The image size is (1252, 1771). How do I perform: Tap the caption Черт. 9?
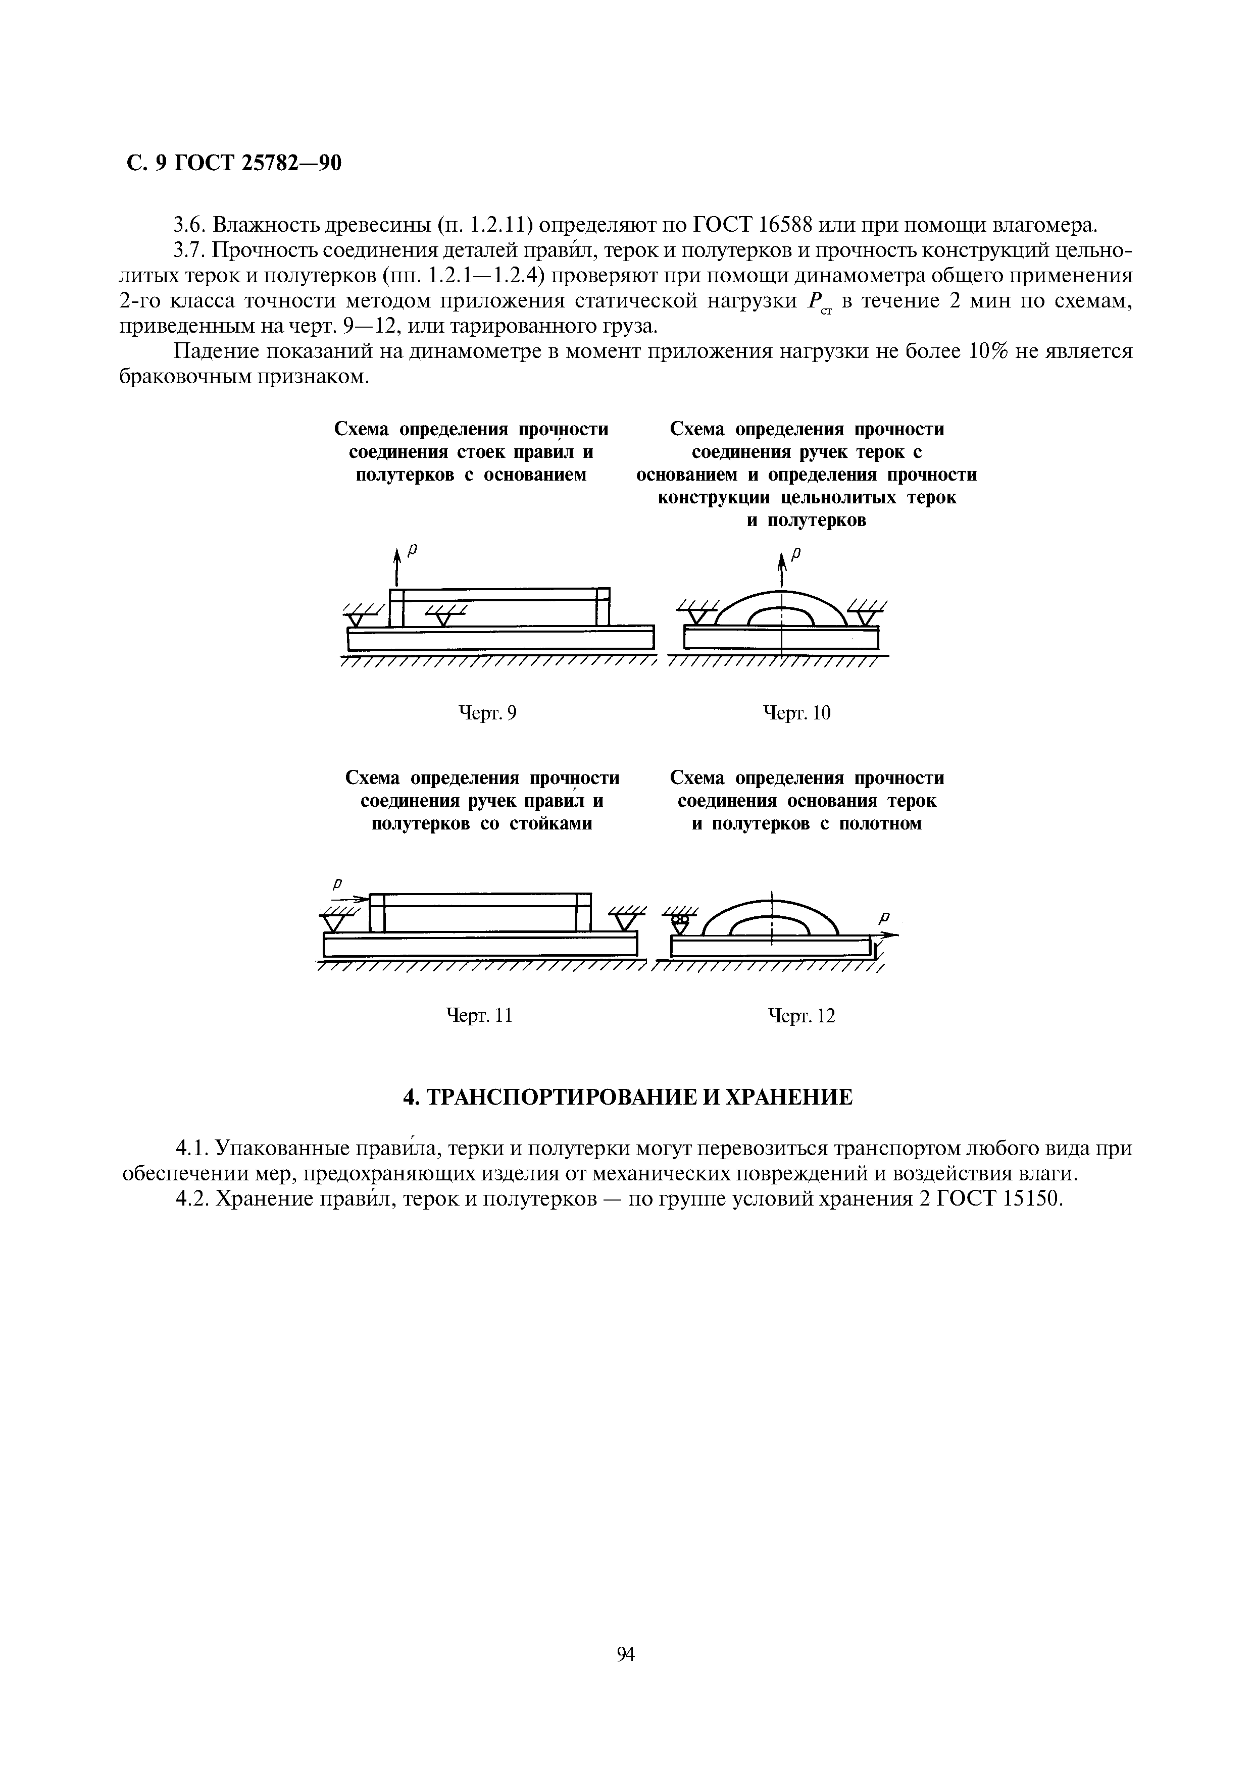click(487, 713)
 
